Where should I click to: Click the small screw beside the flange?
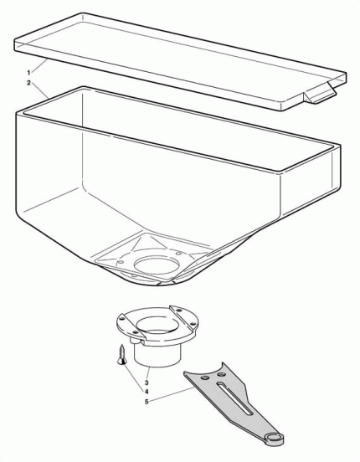[124, 354]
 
